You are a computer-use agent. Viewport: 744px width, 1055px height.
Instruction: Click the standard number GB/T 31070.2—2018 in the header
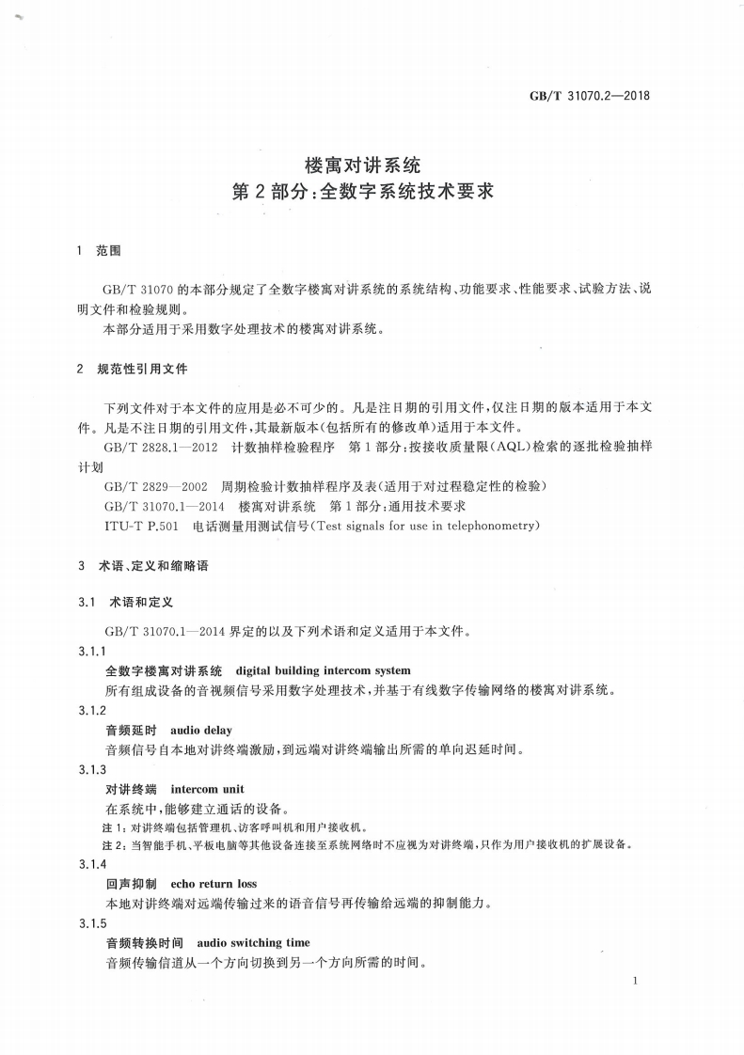click(x=592, y=95)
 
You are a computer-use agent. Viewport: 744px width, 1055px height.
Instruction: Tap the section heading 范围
click(x=109, y=252)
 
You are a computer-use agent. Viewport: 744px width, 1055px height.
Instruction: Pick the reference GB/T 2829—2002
click(x=154, y=486)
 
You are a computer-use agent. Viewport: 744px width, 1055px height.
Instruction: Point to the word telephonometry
click(x=489, y=525)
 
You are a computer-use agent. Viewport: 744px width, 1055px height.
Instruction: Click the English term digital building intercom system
click(x=323, y=670)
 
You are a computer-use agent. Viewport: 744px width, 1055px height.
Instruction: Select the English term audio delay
click(x=200, y=730)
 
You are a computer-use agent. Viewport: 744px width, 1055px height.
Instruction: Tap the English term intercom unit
click(x=207, y=789)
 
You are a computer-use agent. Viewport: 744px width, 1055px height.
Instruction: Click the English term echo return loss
click(x=214, y=884)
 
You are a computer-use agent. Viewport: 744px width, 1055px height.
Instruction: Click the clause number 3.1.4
click(x=92, y=864)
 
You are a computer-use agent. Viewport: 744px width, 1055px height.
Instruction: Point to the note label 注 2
click(x=112, y=844)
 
